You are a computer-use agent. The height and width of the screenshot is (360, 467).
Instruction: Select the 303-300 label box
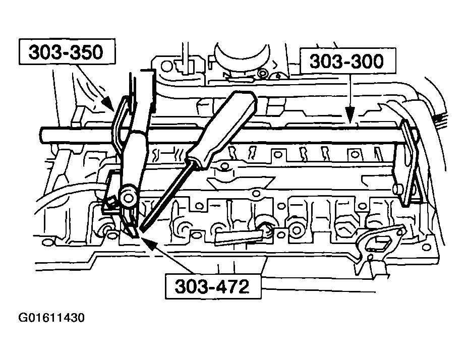(x=346, y=62)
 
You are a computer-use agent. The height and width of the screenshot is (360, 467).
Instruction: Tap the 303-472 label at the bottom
(x=213, y=286)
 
